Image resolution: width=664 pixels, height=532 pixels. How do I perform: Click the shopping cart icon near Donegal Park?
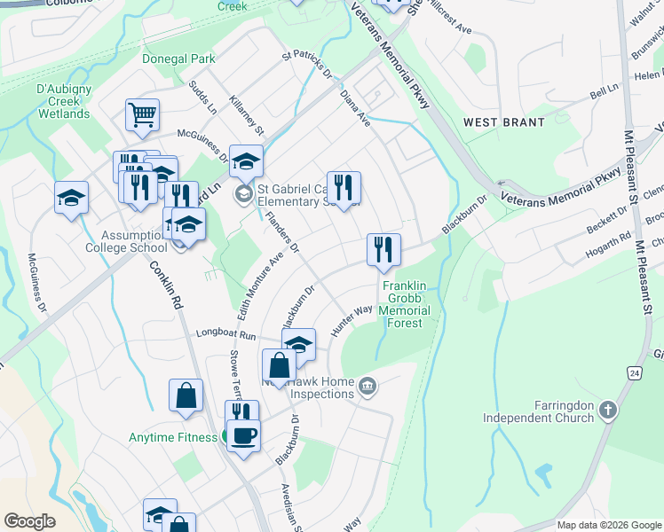pos(142,114)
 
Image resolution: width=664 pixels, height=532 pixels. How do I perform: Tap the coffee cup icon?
pos(243,435)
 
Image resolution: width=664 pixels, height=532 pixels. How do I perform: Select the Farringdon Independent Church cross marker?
pos(608,410)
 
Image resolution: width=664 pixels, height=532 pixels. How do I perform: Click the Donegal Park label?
pos(178,59)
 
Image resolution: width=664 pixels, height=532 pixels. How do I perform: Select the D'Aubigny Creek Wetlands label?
pos(63,102)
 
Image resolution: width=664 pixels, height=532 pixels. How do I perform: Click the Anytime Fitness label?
pos(173,437)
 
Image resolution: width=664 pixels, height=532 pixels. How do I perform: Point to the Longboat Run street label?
pos(225,335)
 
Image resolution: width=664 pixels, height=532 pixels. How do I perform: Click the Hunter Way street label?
pos(352,318)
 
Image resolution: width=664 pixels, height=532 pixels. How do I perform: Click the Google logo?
pos(29,521)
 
